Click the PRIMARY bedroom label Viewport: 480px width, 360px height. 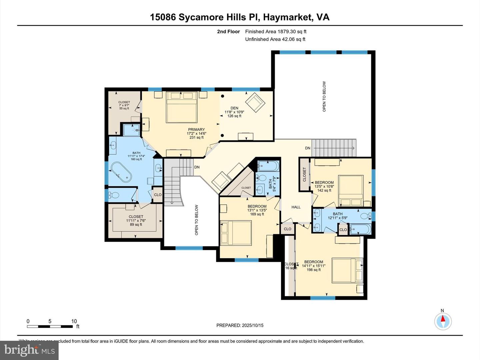196,130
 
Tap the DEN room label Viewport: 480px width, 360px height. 234,108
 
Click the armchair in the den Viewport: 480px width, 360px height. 255,102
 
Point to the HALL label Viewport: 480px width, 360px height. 296,207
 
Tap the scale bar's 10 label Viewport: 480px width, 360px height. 74,321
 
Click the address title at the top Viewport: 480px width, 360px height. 240,17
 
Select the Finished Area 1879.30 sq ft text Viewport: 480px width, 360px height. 276,32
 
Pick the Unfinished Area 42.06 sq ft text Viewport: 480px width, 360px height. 275,39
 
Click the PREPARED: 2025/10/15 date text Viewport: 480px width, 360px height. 240,325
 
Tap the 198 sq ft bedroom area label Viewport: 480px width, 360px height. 314,270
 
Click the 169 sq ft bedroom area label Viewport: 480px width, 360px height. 257,214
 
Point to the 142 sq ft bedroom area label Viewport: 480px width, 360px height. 324,190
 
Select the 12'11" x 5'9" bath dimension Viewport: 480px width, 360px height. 337,218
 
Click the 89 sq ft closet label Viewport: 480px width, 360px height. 136,225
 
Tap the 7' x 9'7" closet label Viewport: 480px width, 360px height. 124,105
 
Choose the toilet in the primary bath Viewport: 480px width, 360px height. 113,195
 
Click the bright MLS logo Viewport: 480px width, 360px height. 29,350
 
